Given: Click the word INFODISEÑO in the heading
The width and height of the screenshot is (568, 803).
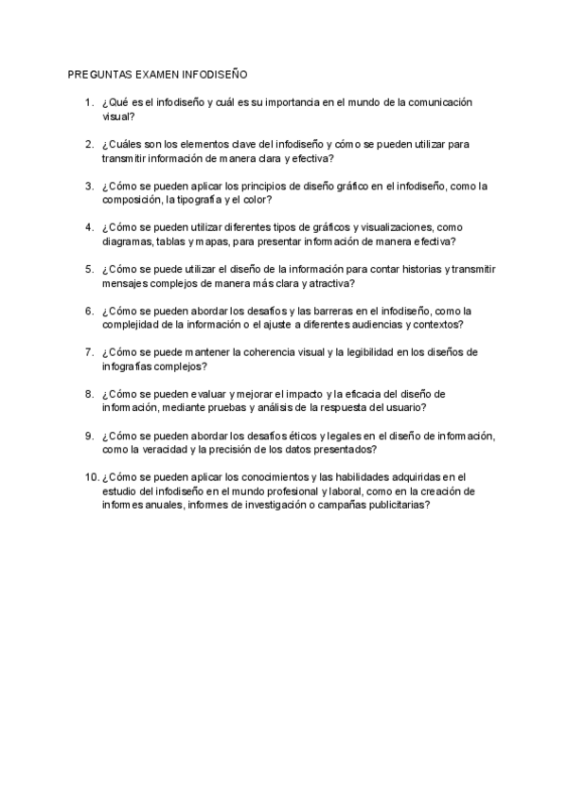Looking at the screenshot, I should point(215,74).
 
